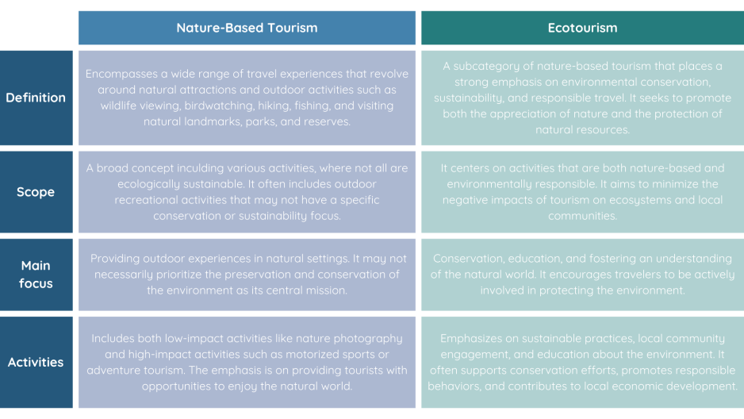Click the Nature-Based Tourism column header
(247, 28)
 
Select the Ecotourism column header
(583, 28)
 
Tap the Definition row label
(36, 98)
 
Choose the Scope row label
(36, 192)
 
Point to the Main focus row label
(36, 275)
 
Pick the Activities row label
(36, 362)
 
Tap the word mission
(328, 290)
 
